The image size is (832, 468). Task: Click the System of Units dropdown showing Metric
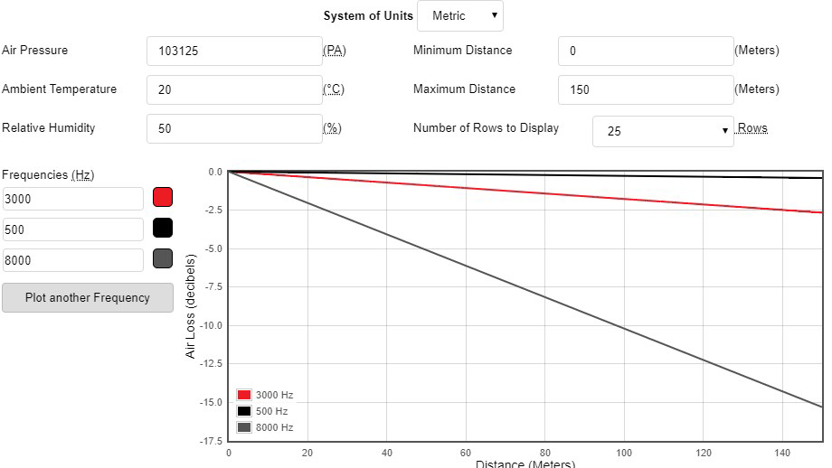[459, 16]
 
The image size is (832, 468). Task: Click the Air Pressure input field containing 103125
[234, 51]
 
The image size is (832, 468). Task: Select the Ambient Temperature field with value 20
[234, 90]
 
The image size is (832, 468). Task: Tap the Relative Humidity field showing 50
[234, 129]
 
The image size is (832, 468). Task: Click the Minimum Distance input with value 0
[645, 51]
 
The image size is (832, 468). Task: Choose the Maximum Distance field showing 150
[645, 90]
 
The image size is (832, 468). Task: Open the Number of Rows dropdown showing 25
[663, 131]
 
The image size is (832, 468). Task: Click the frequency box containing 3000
[73, 199]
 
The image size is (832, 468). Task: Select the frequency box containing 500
[73, 229]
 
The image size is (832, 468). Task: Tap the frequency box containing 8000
[73, 260]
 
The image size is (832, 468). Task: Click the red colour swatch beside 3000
[163, 198]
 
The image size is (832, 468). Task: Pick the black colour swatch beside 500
[163, 229]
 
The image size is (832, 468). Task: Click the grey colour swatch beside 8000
[163, 259]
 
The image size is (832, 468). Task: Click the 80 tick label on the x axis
[544, 452]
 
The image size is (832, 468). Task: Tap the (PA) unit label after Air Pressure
[335, 51]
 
